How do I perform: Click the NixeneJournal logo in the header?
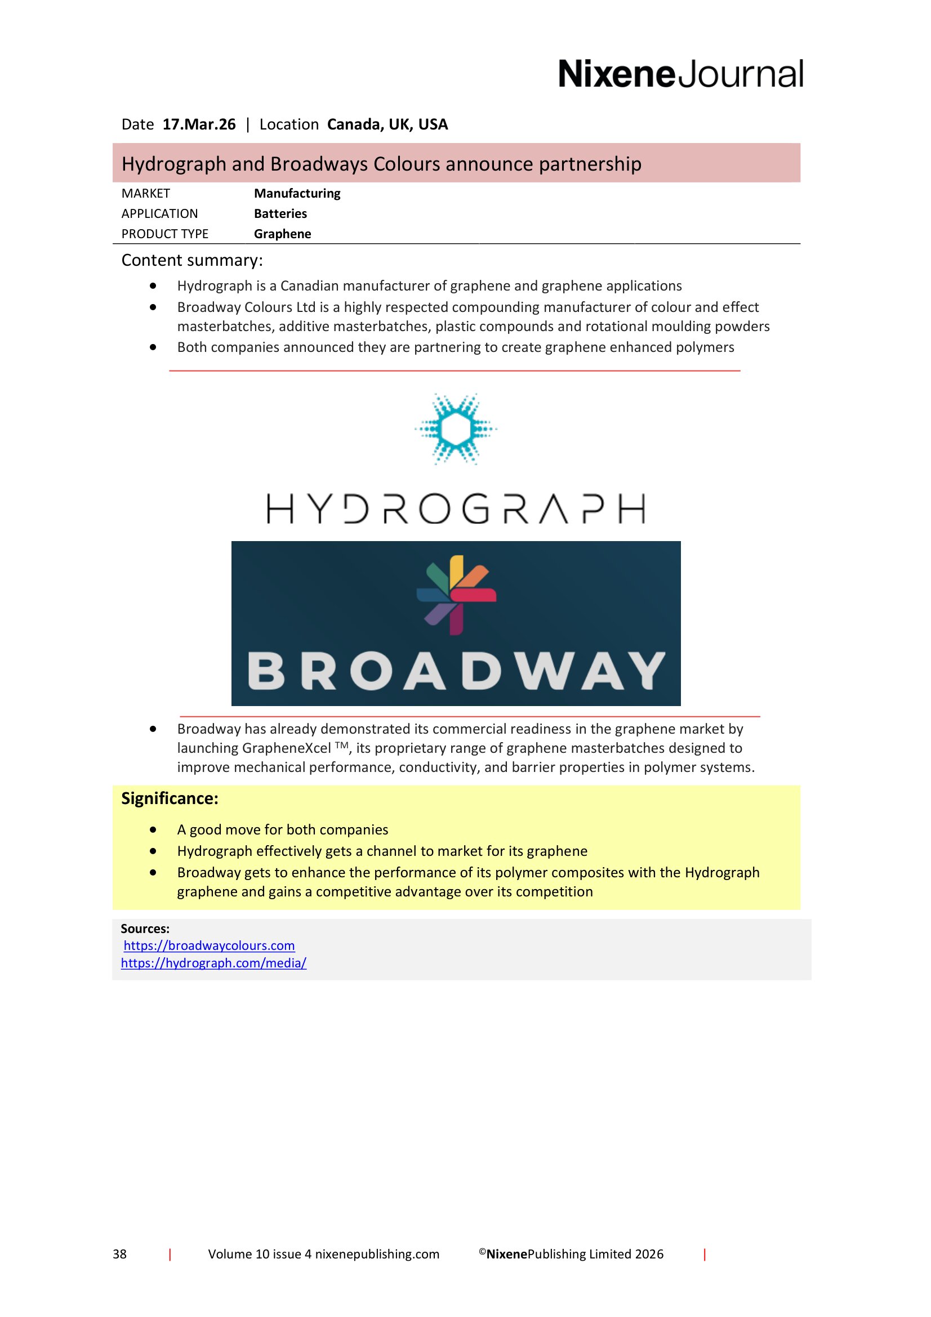click(680, 74)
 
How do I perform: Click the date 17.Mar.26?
click(199, 124)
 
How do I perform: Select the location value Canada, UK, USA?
click(387, 124)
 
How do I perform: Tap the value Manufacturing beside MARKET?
click(297, 193)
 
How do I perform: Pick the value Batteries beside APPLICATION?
click(280, 213)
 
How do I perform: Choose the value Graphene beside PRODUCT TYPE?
click(282, 234)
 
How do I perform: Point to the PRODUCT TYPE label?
click(164, 234)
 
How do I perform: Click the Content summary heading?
click(192, 261)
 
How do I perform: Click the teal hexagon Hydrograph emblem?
click(456, 428)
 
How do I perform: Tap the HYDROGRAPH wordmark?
click(456, 509)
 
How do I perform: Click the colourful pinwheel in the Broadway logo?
click(457, 595)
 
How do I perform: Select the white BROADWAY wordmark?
click(456, 671)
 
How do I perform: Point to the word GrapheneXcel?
click(286, 748)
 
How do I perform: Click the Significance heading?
click(170, 798)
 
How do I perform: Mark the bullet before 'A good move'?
click(153, 829)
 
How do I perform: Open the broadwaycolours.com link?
click(210, 945)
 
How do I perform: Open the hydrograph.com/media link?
click(213, 962)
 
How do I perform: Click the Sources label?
click(145, 928)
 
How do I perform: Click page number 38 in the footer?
click(120, 1254)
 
